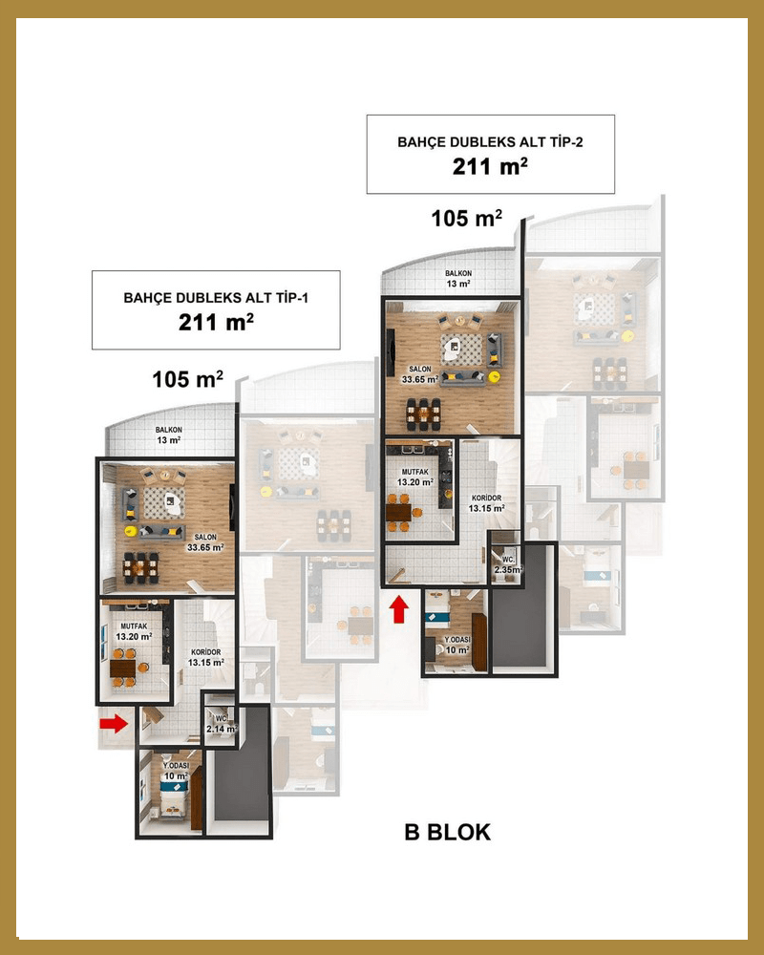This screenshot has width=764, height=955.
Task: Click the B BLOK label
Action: [x=447, y=832]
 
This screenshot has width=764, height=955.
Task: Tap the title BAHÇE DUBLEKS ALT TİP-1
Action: [x=216, y=298]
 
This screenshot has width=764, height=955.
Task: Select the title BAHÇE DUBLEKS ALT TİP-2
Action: [x=491, y=142]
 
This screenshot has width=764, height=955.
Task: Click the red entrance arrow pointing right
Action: [x=114, y=724]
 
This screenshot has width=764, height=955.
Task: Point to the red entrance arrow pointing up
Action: [x=400, y=609]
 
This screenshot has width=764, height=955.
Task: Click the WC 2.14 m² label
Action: [x=222, y=724]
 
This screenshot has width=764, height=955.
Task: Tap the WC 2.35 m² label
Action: [x=508, y=565]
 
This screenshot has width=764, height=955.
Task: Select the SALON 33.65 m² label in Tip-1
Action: [x=205, y=542]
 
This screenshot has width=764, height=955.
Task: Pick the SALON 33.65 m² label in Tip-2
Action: [x=420, y=374]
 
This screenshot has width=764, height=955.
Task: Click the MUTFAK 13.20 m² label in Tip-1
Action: [x=134, y=631]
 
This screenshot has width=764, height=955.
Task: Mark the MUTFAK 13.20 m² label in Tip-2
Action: [x=414, y=477]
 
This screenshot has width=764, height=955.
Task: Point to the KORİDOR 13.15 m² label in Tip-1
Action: [x=206, y=657]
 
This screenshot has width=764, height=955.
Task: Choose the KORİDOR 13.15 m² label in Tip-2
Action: [x=486, y=503]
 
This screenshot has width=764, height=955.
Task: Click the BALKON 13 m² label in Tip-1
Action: [x=168, y=435]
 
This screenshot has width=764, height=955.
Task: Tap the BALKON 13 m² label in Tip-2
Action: [x=458, y=279]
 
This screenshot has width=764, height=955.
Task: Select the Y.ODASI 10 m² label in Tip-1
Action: [x=176, y=771]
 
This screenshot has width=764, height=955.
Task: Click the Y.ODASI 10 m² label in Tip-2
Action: [x=456, y=645]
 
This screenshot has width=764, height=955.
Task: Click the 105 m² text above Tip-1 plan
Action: [x=187, y=379]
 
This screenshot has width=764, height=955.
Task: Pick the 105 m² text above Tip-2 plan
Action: [x=467, y=218]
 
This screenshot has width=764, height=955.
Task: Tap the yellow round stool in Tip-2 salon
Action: [x=494, y=376]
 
